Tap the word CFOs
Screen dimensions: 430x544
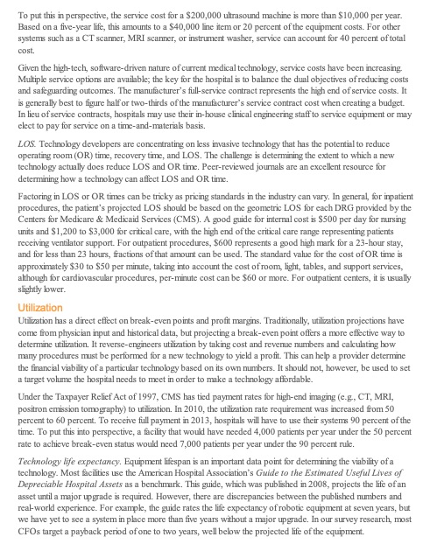(32, 533)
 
